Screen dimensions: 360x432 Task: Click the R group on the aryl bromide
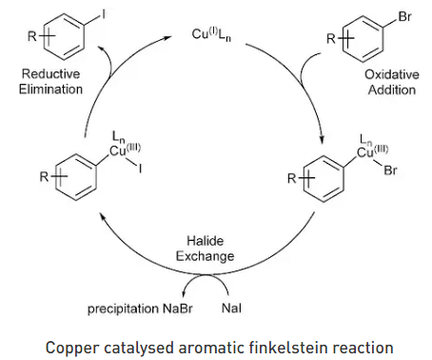point(330,38)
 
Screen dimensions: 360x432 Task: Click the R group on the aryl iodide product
point(33,38)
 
